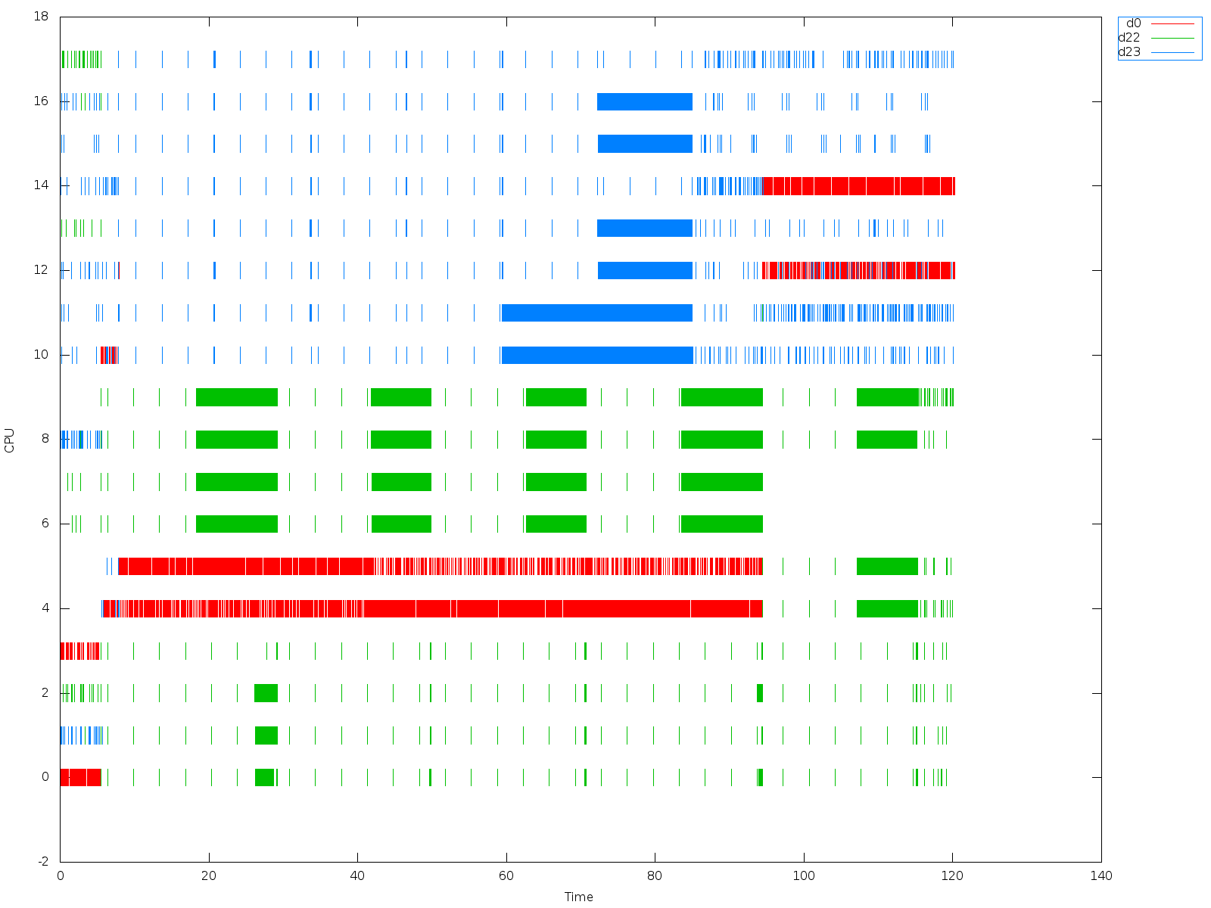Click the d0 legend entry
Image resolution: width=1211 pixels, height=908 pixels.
point(1133,23)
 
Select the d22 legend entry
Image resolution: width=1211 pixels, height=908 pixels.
point(1129,38)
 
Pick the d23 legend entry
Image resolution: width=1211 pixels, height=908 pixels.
point(1129,52)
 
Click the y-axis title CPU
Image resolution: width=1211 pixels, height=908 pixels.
point(10,440)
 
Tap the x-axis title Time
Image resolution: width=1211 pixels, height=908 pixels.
point(579,897)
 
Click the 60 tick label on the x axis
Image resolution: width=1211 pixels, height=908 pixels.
point(506,875)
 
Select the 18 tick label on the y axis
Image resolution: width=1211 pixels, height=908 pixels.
point(42,17)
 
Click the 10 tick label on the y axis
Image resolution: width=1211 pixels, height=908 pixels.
point(42,355)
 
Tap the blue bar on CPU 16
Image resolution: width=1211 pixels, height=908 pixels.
point(645,101)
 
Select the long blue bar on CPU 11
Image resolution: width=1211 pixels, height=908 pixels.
point(597,313)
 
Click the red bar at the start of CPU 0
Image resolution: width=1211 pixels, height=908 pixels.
point(80,777)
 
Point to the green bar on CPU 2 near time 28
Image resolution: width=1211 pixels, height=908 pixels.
point(266,693)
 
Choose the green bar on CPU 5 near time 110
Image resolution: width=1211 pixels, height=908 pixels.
point(887,566)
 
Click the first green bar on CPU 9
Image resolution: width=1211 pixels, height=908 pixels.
point(237,397)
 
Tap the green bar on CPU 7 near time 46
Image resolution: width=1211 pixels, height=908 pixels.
point(401,482)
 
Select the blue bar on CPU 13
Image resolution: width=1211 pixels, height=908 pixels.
point(645,228)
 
